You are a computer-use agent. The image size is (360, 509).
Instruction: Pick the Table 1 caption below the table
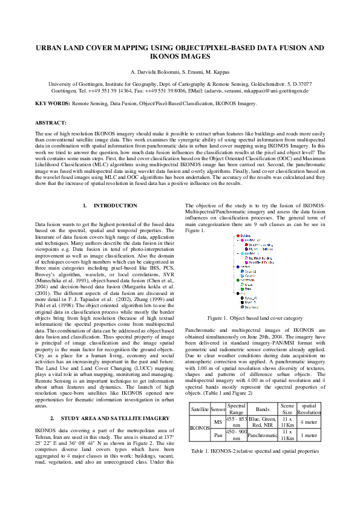click(x=255, y=451)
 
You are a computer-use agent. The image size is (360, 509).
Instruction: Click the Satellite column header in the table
click(x=199, y=409)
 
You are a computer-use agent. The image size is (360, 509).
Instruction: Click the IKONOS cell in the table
click(x=199, y=428)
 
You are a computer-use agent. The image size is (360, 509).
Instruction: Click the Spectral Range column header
click(x=235, y=409)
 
